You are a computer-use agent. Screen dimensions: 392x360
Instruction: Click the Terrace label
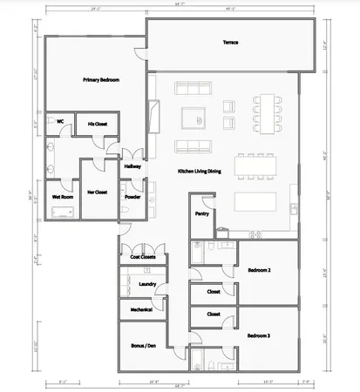point(230,43)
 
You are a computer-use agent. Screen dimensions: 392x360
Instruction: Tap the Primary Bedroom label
point(100,80)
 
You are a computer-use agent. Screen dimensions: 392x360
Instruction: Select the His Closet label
point(97,124)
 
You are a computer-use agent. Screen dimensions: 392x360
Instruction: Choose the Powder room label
point(132,197)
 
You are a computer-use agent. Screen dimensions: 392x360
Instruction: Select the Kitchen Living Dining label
point(199,172)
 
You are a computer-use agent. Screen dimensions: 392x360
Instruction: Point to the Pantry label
point(201,212)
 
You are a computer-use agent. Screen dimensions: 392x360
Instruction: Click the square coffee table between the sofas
point(193,117)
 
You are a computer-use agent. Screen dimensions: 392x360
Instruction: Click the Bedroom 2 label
point(258,270)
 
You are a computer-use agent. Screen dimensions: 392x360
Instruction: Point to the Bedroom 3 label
point(258,335)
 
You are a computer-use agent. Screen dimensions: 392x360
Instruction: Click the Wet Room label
point(62,197)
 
